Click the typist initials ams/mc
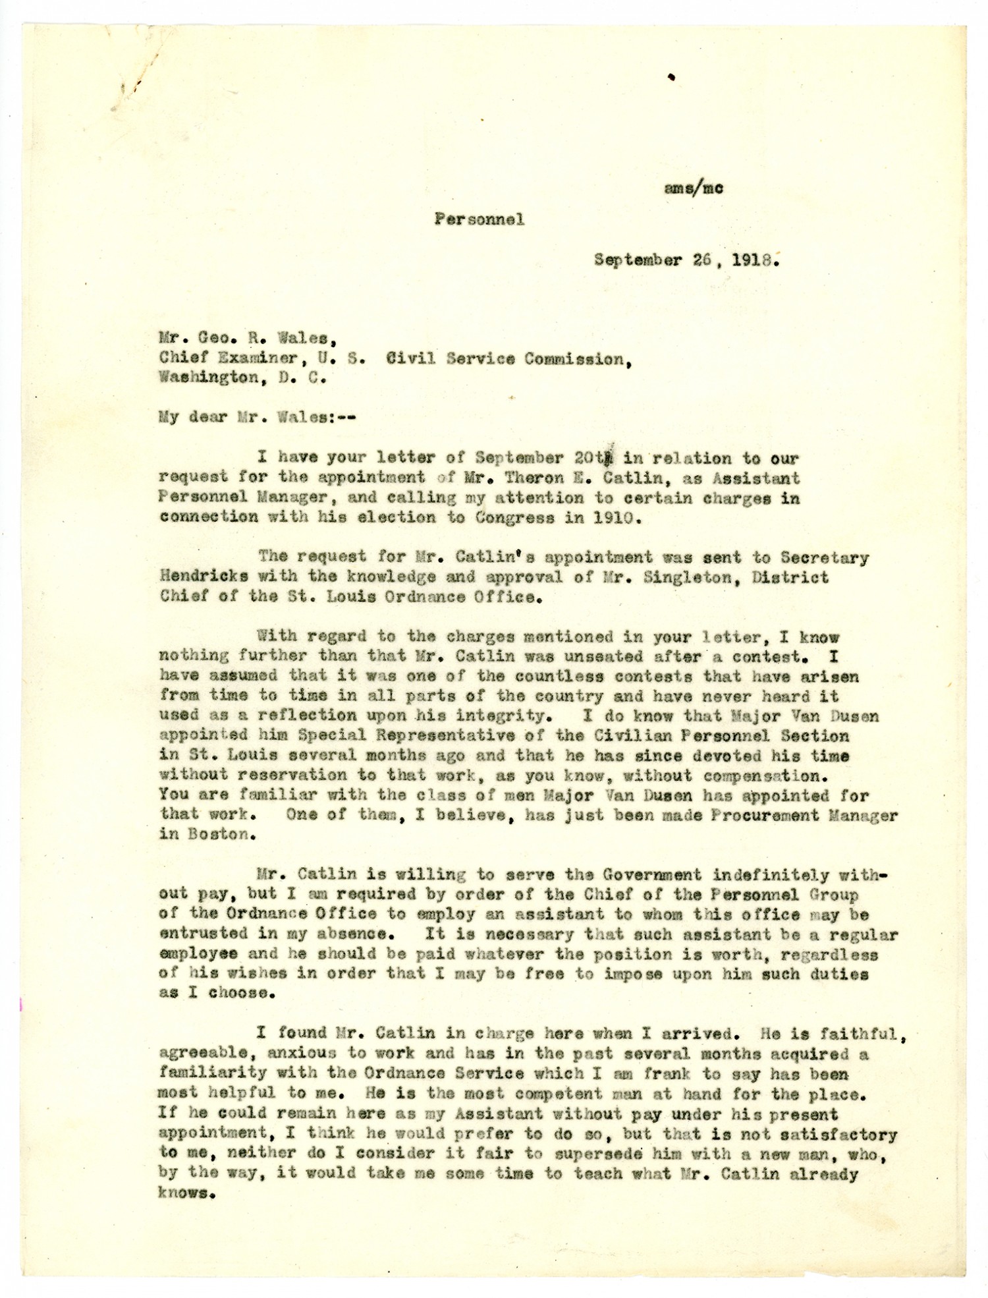click(x=694, y=188)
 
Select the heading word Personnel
click(x=479, y=219)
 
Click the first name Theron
click(x=554, y=478)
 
